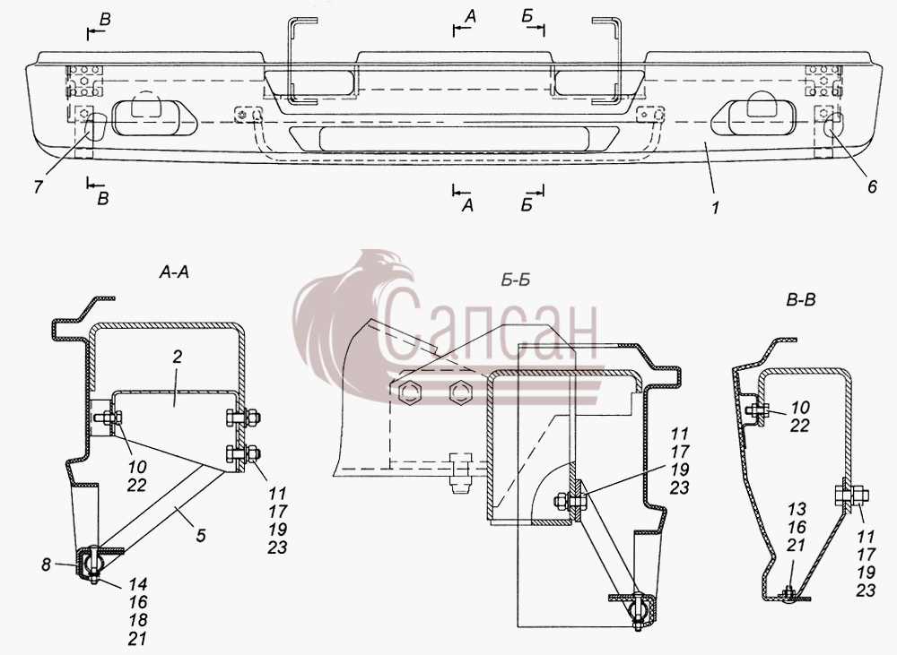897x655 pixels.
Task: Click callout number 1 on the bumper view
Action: (715, 207)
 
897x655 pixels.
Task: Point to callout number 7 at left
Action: (39, 187)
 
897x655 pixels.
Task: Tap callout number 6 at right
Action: (872, 187)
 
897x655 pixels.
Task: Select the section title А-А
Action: (174, 272)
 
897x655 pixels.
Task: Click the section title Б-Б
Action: (516, 280)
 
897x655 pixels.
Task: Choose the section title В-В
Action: (801, 299)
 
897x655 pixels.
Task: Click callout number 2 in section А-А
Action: (177, 358)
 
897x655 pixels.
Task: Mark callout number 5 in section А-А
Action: (200, 536)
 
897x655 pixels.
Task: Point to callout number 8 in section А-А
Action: (47, 565)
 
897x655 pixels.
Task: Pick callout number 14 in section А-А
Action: (138, 584)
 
